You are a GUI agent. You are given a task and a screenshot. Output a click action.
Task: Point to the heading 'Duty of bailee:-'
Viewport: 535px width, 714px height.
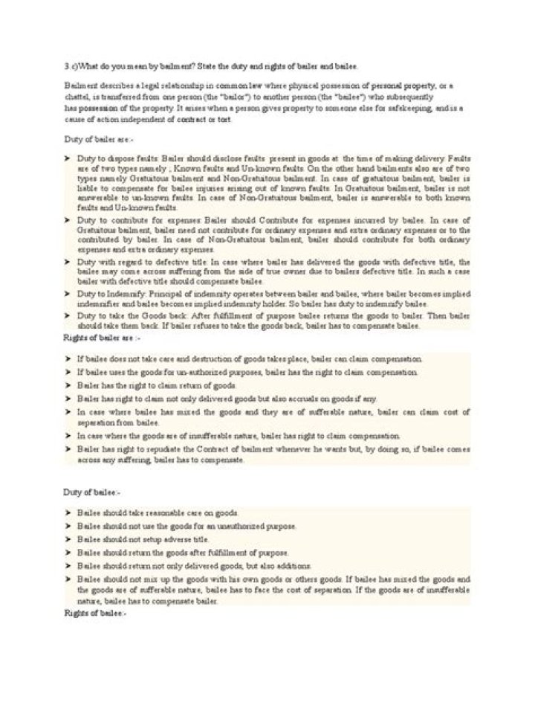88,492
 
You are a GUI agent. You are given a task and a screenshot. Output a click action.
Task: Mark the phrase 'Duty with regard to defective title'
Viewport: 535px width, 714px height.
133,263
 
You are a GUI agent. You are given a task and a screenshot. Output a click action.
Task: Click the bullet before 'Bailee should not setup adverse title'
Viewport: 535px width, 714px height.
67,539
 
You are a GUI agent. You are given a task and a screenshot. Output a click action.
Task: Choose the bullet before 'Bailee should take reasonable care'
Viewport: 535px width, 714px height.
67,513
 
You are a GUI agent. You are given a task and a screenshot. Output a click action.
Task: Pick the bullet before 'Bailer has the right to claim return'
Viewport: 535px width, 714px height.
67,385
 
